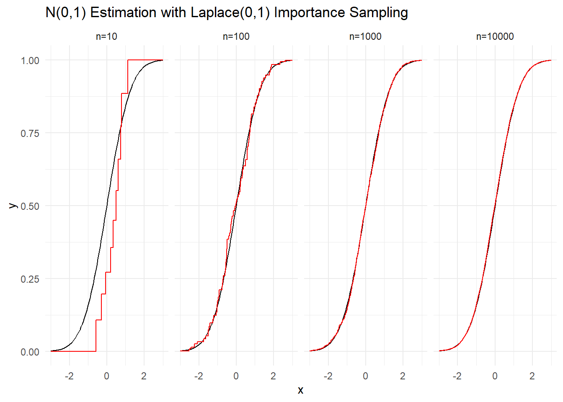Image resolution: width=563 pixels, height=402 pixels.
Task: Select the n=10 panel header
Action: point(106,37)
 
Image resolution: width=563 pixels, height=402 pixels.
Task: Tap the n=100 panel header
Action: point(236,37)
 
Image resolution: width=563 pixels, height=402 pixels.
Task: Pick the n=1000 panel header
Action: point(365,37)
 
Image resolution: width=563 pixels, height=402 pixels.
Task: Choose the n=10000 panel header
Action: point(495,37)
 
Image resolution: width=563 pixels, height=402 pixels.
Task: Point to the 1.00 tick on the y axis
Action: point(30,61)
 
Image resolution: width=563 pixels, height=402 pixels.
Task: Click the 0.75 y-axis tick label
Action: point(30,134)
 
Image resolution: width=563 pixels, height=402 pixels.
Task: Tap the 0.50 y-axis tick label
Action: point(30,206)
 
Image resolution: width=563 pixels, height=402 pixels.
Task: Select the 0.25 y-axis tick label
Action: point(30,279)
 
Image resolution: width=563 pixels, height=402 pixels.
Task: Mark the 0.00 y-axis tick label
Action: point(30,352)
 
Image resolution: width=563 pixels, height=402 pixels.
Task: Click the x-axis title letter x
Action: point(300,390)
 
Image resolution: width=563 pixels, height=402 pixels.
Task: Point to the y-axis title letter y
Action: point(13,206)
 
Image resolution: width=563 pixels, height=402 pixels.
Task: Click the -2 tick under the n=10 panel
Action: point(69,376)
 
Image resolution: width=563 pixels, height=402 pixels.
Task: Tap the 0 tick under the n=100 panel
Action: point(236,376)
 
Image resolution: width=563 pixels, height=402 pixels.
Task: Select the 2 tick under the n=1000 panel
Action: point(403,376)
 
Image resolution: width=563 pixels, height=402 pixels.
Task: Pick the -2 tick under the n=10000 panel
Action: point(457,376)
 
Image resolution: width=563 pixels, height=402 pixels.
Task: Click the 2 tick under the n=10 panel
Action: point(144,376)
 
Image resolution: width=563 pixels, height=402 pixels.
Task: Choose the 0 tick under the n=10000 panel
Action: point(495,376)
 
